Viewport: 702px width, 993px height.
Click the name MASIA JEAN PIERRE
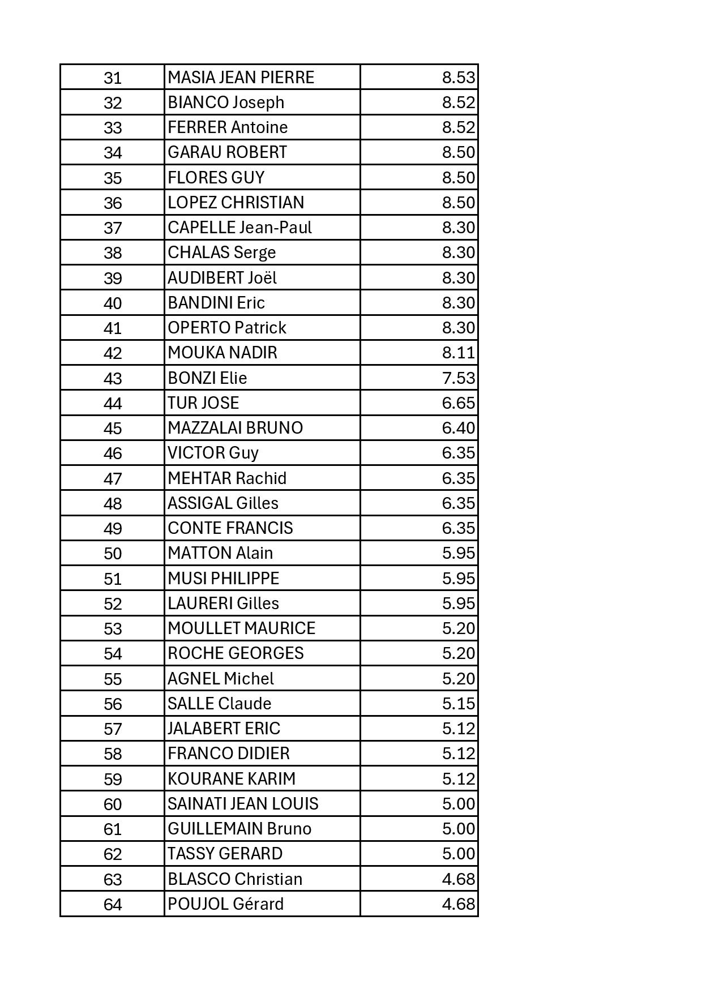point(241,77)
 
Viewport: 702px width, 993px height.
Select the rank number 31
point(113,78)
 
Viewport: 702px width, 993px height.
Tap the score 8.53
point(458,77)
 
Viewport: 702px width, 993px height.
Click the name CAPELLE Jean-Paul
point(239,228)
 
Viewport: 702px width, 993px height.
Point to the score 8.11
point(458,353)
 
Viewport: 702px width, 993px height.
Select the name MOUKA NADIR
point(222,353)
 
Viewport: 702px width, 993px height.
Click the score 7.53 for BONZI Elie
point(458,378)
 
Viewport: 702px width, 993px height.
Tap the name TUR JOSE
point(203,403)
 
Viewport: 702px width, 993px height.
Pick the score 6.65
point(458,403)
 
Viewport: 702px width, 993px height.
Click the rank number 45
point(113,428)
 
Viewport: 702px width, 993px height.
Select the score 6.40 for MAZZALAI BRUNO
point(458,428)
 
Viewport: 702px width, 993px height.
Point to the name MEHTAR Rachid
point(227,478)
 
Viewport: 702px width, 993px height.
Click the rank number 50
point(113,553)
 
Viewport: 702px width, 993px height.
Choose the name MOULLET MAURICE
point(241,628)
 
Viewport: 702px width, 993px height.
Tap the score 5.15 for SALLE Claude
point(458,703)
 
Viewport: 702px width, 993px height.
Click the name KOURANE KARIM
point(232,778)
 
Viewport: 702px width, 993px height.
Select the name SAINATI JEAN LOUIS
point(243,803)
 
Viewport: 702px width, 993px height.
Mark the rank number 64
point(113,904)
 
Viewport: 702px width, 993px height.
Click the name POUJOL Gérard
point(225,904)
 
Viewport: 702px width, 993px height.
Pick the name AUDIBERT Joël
point(222,278)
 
